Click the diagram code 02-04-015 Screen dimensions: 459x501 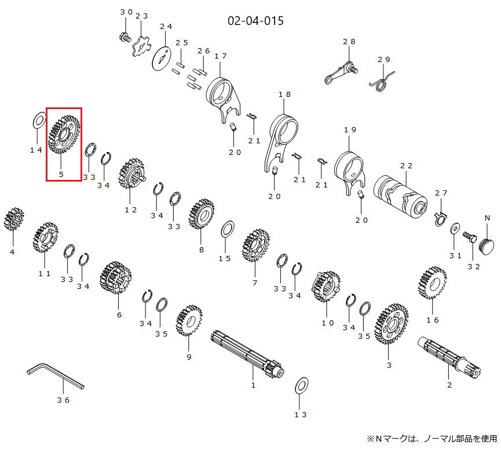[256, 21]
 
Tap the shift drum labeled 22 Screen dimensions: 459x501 [401, 192]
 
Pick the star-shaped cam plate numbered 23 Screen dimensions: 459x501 [141, 47]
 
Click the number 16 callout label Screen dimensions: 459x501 [432, 320]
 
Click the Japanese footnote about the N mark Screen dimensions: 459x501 [431, 438]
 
